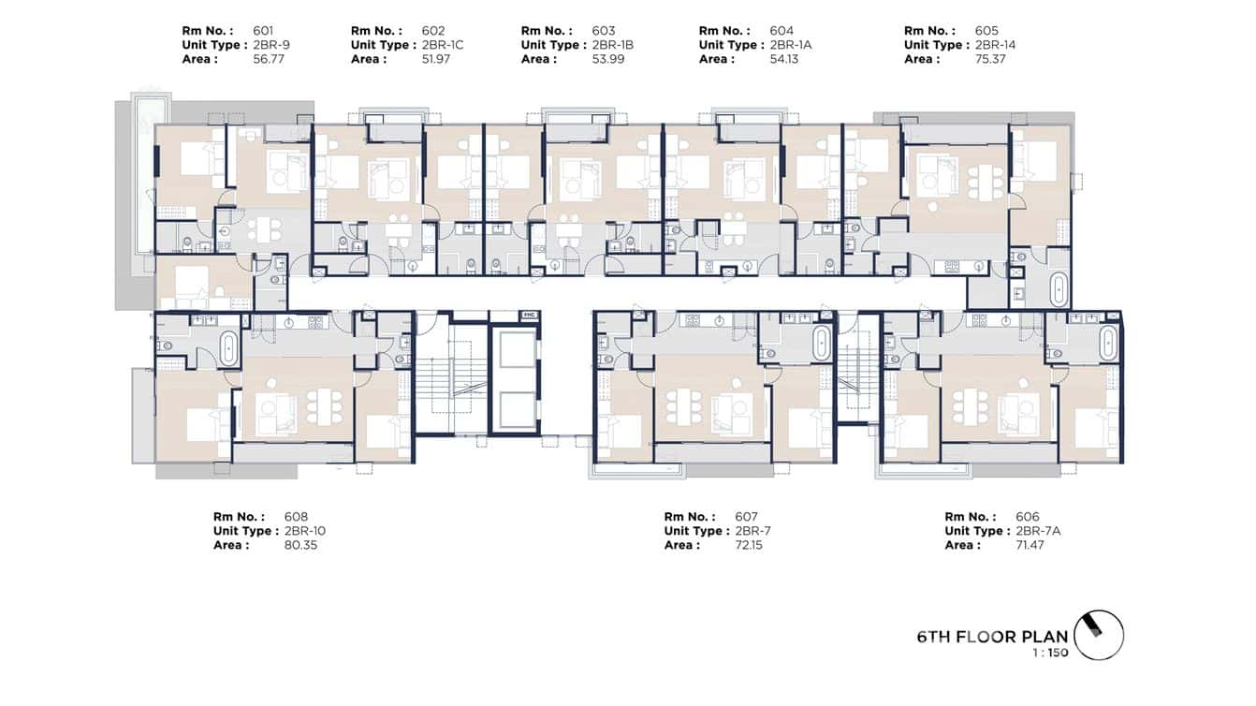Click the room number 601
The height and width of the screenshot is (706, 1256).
(x=265, y=31)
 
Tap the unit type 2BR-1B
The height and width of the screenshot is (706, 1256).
(x=614, y=45)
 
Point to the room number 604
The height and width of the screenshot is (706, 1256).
(x=781, y=31)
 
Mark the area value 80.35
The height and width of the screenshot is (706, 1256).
(x=299, y=545)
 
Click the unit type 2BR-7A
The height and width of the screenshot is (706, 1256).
(x=1038, y=531)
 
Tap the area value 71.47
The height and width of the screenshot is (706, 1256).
(x=1032, y=545)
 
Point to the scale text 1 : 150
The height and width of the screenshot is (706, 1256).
(x=1045, y=654)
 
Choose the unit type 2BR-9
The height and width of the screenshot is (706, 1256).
(x=270, y=45)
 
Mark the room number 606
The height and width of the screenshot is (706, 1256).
(x=1027, y=517)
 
